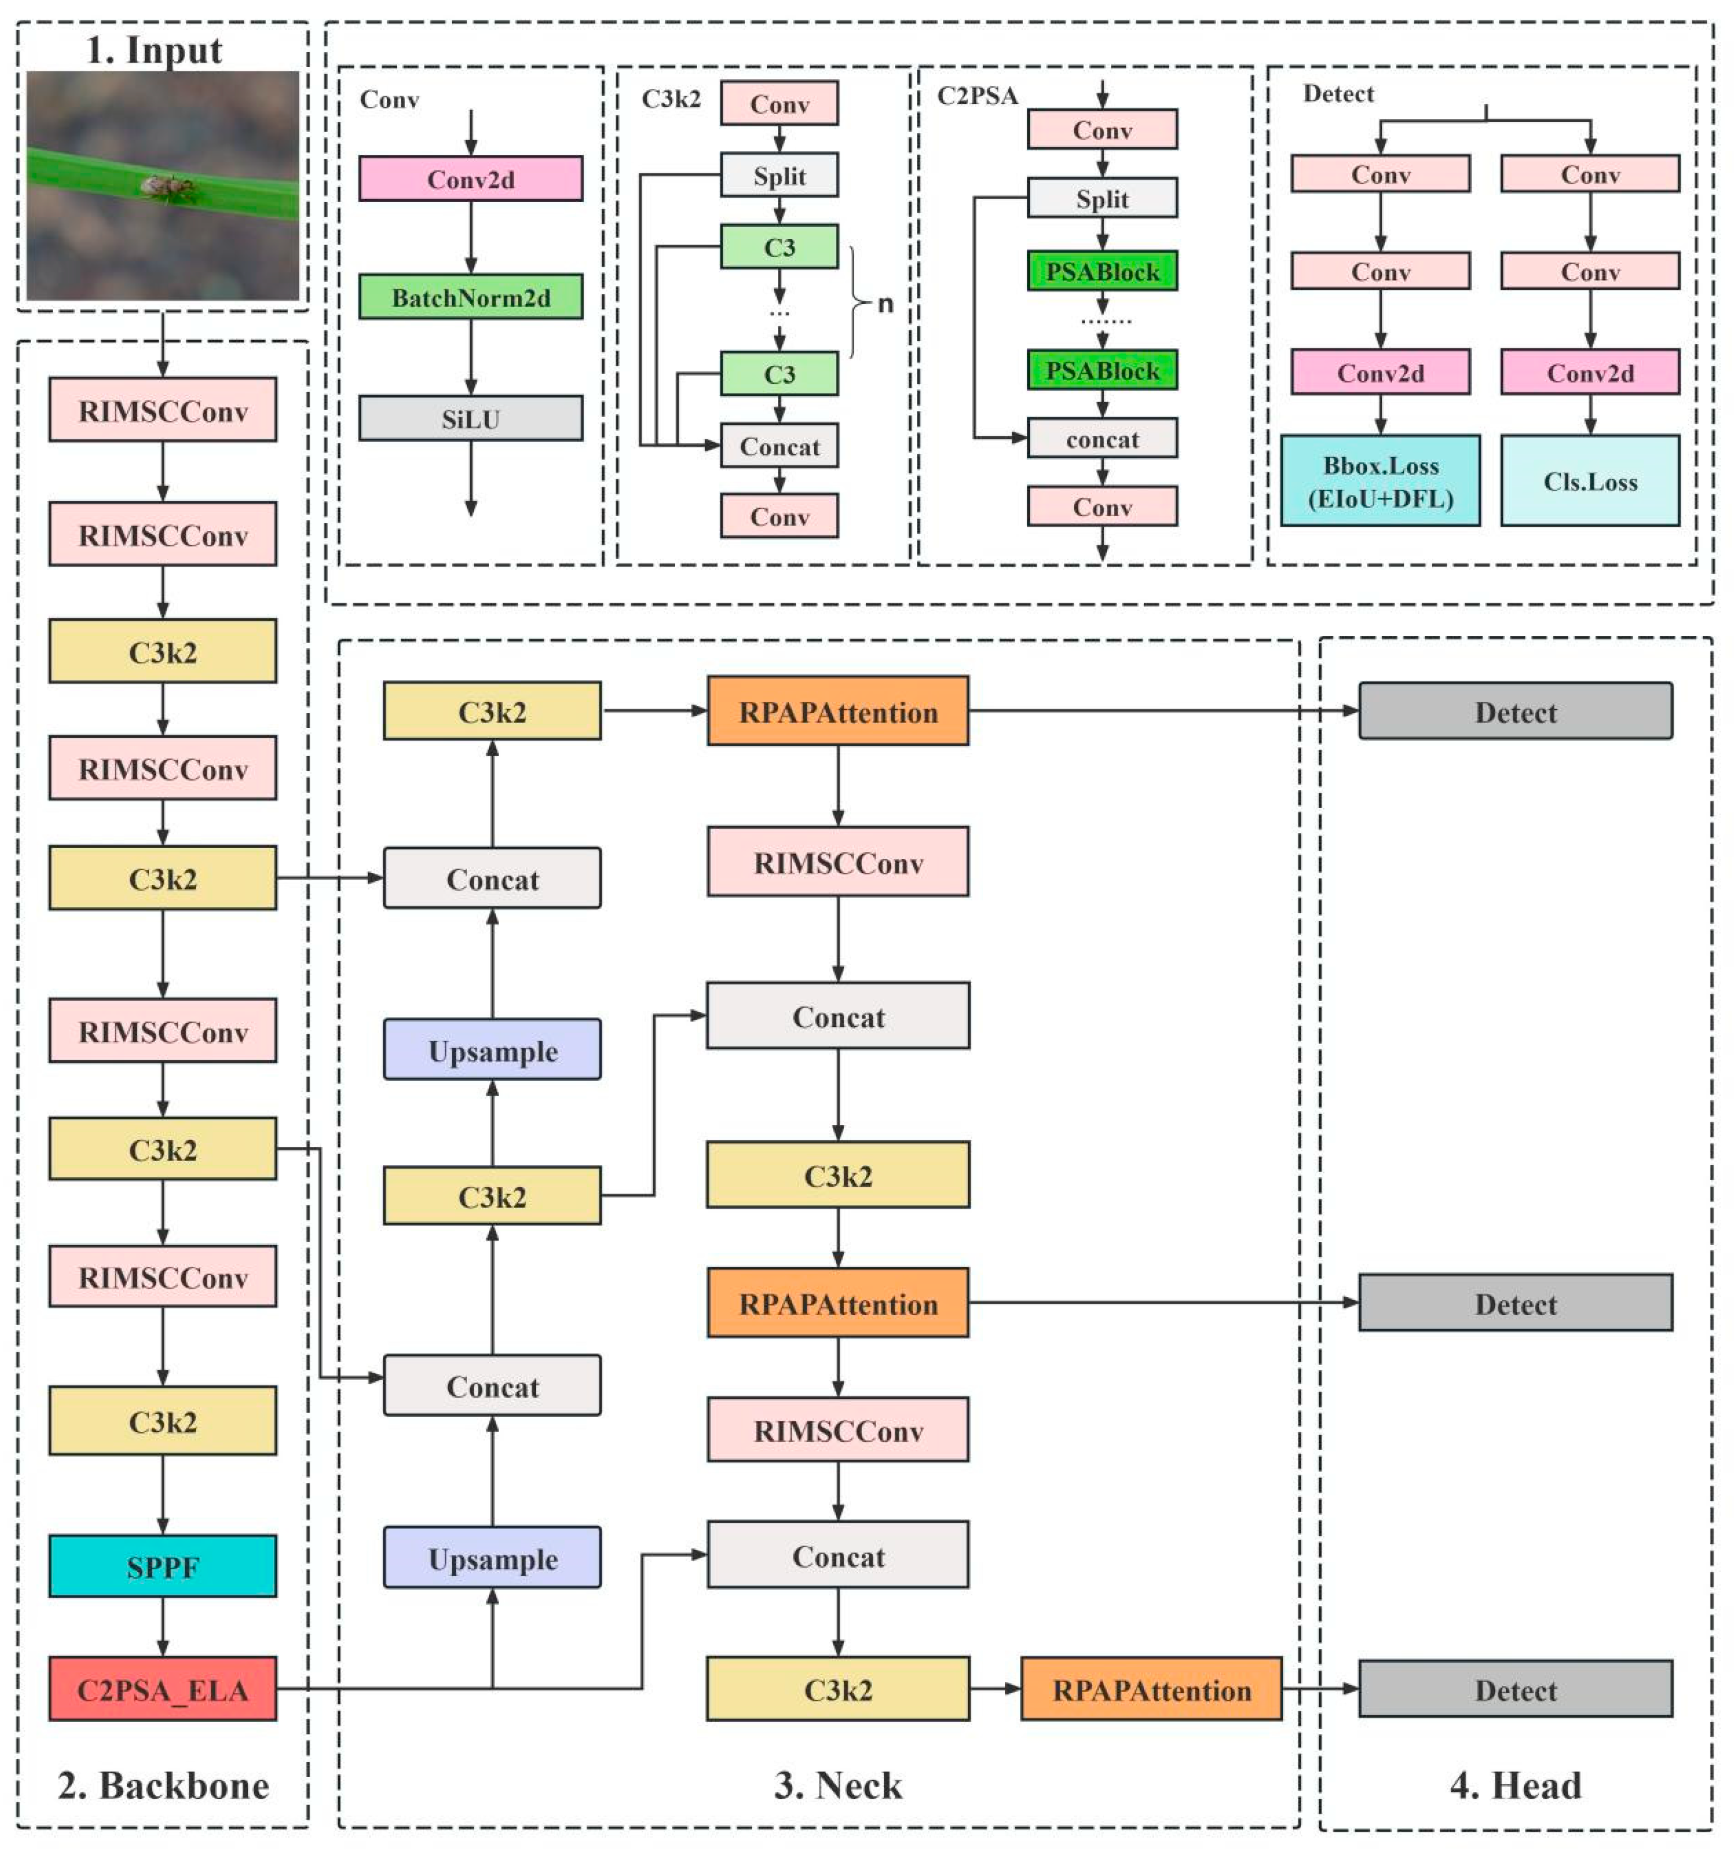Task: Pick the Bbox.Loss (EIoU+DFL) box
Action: pos(1380,481)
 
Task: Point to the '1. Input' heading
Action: pos(154,50)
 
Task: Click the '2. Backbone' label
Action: pos(163,1785)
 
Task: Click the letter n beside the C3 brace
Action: pos(885,304)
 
